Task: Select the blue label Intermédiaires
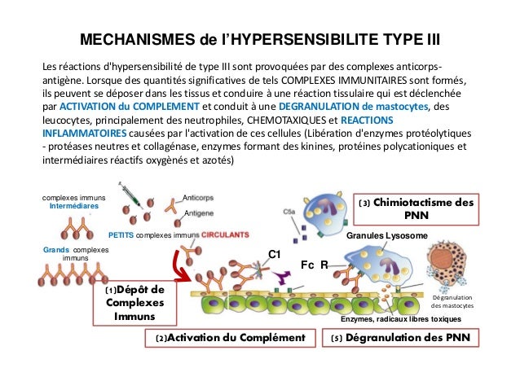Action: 74,207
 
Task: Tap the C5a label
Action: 290,211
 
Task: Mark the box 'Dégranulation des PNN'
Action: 403,337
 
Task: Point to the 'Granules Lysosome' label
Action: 386,235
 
